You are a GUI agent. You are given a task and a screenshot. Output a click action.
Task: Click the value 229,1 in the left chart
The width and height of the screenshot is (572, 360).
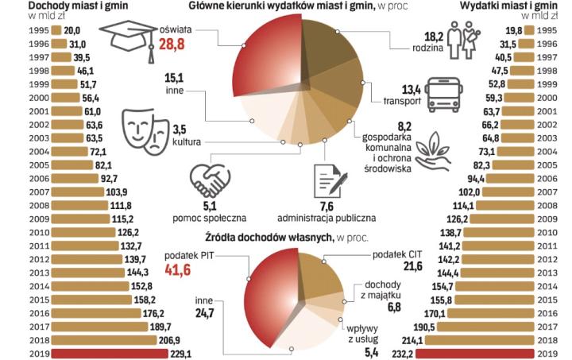[x=176, y=352]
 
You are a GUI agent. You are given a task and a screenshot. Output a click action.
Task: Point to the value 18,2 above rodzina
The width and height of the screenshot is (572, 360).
[x=434, y=36]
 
